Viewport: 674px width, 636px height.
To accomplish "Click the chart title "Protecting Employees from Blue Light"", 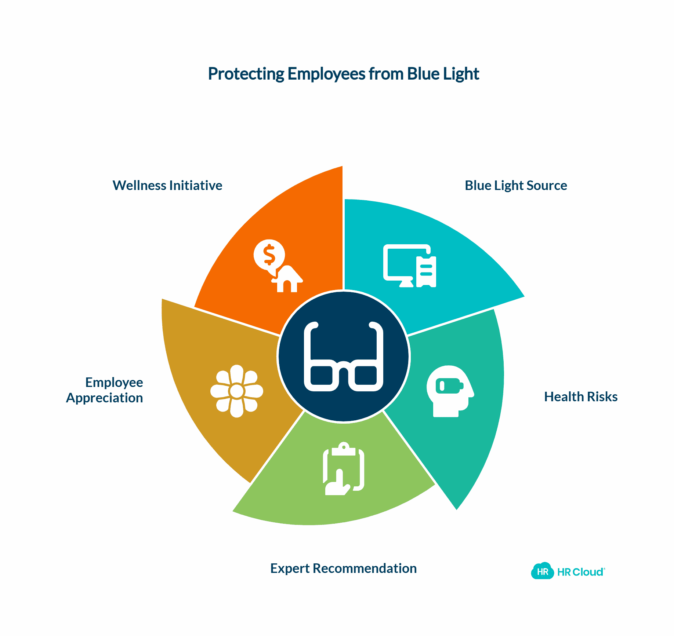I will [x=343, y=74].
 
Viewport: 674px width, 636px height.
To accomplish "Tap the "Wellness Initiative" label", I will [x=167, y=186].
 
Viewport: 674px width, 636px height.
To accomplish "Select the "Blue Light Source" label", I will [x=516, y=186].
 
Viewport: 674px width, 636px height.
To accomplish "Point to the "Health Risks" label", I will [x=580, y=397].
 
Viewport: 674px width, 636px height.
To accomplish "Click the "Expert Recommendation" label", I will [x=343, y=569].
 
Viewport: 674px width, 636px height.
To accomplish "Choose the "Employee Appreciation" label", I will [x=105, y=390].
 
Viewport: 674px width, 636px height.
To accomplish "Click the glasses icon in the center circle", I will [x=343, y=357].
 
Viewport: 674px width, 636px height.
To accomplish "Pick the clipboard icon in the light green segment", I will [x=344, y=468].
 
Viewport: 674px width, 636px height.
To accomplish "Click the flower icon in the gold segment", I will [x=237, y=391].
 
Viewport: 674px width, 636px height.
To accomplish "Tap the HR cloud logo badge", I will [x=542, y=571].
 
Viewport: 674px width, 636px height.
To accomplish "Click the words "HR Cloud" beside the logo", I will [x=580, y=572].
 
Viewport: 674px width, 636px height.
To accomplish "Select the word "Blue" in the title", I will [x=423, y=74].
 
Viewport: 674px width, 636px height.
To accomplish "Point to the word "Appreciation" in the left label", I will [x=105, y=398].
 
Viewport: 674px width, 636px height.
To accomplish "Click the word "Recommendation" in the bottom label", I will [x=365, y=569].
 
